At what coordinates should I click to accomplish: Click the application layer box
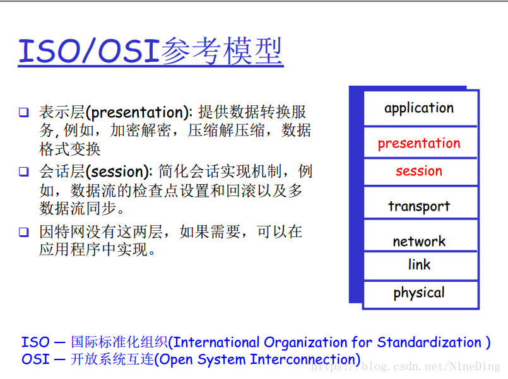420,108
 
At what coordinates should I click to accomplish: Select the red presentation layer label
419,143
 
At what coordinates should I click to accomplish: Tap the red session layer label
419,171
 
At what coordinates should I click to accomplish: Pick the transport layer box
420,202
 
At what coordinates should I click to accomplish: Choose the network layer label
419,241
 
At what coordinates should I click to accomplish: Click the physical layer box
420,294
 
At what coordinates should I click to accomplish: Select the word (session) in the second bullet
119,172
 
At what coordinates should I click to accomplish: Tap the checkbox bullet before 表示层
23,112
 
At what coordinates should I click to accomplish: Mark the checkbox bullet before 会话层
23,172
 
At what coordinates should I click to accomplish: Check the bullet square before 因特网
23,232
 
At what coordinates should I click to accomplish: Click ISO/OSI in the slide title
89,51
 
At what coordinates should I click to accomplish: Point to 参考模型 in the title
222,51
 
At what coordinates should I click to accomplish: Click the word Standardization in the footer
429,342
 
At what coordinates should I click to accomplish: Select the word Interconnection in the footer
303,359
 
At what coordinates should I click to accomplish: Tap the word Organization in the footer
305,343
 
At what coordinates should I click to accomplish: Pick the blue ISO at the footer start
35,342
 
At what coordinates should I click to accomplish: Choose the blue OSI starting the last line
35,359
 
